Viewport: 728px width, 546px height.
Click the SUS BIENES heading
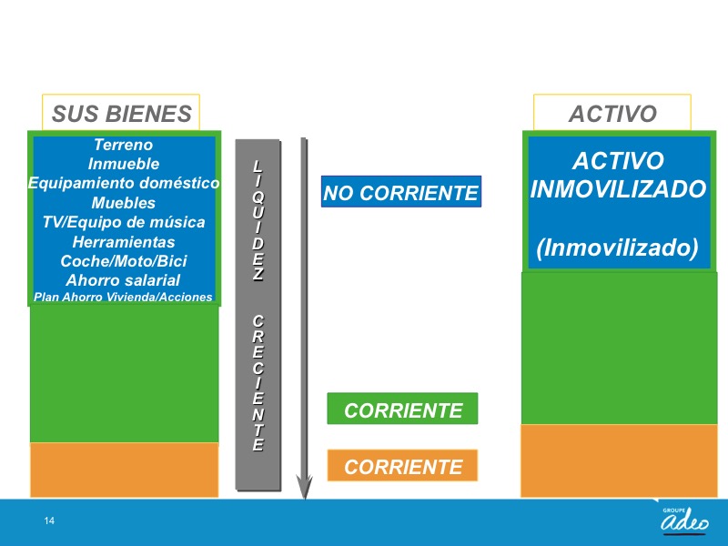pyautogui.click(x=121, y=114)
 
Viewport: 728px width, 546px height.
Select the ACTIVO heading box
pyautogui.click(x=612, y=112)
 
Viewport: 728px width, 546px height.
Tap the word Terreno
pyautogui.click(x=123, y=145)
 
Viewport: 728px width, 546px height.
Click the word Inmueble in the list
pyautogui.click(x=124, y=164)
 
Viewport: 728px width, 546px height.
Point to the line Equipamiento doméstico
pyautogui.click(x=124, y=183)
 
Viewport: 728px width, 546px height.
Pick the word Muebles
pyautogui.click(x=124, y=203)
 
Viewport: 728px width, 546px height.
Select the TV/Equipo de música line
pyautogui.click(x=124, y=222)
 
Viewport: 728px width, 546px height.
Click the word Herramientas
pyautogui.click(x=124, y=242)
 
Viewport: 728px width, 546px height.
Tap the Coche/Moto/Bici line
pyautogui.click(x=124, y=261)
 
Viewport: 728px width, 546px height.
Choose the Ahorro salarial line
pyautogui.click(x=123, y=280)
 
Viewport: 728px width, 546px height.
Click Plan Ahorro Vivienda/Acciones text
pyautogui.click(x=123, y=298)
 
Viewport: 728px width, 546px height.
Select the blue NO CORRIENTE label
pyautogui.click(x=401, y=192)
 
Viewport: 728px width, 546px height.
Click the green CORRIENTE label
pyautogui.click(x=402, y=409)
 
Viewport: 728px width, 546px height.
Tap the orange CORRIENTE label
pyautogui.click(x=402, y=465)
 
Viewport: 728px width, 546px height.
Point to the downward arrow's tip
pyautogui.click(x=304, y=498)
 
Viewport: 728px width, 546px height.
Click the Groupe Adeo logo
pyautogui.click(x=684, y=519)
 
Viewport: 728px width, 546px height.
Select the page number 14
pyautogui.click(x=49, y=521)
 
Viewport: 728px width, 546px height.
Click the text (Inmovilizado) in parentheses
pyautogui.click(x=618, y=248)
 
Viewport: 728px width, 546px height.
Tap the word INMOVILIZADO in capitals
pyautogui.click(x=618, y=189)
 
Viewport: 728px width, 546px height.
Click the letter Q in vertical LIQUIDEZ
pyautogui.click(x=258, y=197)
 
